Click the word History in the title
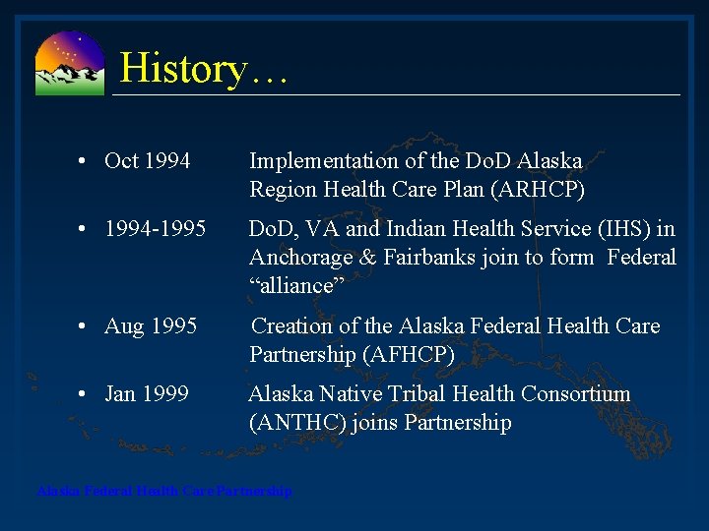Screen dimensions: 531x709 point(182,69)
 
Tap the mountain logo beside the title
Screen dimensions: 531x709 point(69,64)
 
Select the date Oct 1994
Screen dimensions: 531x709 point(148,161)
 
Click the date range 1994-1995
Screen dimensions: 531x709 point(156,230)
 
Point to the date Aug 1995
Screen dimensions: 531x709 point(151,326)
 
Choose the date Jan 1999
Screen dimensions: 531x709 point(147,394)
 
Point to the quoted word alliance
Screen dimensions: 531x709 point(291,286)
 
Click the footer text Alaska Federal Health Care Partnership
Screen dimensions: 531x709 point(164,491)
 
